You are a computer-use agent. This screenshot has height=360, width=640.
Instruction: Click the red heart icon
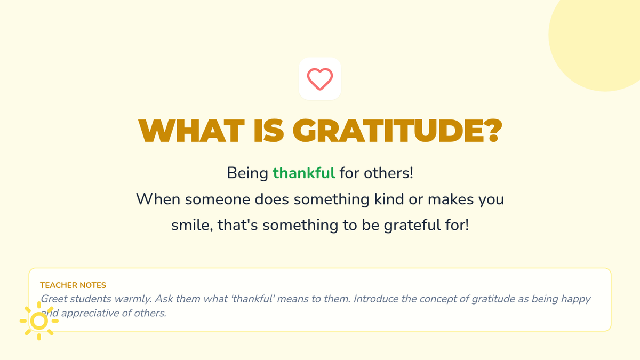pos(319,79)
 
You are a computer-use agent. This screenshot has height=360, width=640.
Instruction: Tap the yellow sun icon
pos(39,321)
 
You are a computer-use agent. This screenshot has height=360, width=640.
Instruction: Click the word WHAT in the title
pos(191,131)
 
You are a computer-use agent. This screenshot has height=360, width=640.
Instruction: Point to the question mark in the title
pos(493,131)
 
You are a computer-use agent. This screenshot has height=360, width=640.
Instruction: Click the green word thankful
pos(304,173)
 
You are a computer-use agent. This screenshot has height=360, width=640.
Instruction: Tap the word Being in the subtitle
pos(247,173)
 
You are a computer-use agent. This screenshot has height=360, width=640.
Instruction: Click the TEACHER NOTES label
pos(73,285)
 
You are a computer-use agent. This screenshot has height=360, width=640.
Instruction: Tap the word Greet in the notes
pos(54,299)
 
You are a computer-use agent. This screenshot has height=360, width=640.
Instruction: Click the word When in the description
pos(158,199)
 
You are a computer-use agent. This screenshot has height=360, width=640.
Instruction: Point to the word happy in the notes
pos(575,299)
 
